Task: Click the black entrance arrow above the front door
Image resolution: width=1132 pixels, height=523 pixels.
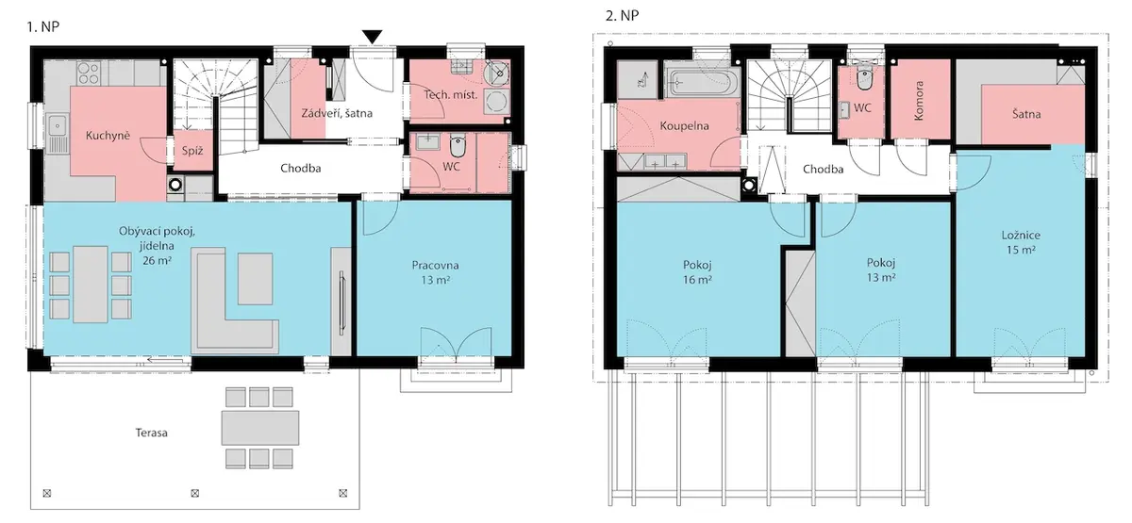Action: [372, 37]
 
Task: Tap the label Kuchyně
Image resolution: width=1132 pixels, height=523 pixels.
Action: [108, 136]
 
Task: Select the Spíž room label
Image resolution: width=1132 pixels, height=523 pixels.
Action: [192, 151]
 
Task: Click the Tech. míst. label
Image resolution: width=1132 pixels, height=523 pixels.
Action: [451, 94]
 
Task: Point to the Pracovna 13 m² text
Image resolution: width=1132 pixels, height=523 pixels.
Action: [435, 272]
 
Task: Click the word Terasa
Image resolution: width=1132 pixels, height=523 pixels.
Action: [151, 433]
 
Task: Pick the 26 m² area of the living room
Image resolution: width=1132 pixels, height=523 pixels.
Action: [158, 260]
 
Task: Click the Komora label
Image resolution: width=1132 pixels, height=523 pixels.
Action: [919, 101]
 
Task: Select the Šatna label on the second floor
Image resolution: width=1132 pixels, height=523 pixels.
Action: [1026, 114]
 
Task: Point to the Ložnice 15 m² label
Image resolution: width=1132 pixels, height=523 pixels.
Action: [1021, 242]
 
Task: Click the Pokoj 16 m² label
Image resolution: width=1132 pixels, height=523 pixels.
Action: [697, 272]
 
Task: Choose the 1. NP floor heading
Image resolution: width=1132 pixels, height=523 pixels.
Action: [43, 26]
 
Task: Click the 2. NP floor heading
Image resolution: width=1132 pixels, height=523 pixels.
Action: [622, 16]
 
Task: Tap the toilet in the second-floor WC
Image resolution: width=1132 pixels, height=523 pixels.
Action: [865, 78]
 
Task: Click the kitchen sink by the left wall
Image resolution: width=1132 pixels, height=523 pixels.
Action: [58, 133]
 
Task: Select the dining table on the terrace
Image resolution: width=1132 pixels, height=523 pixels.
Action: [259, 428]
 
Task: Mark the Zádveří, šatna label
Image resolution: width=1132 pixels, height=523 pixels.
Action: [337, 113]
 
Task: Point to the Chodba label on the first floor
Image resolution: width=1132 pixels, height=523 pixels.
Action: [301, 168]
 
